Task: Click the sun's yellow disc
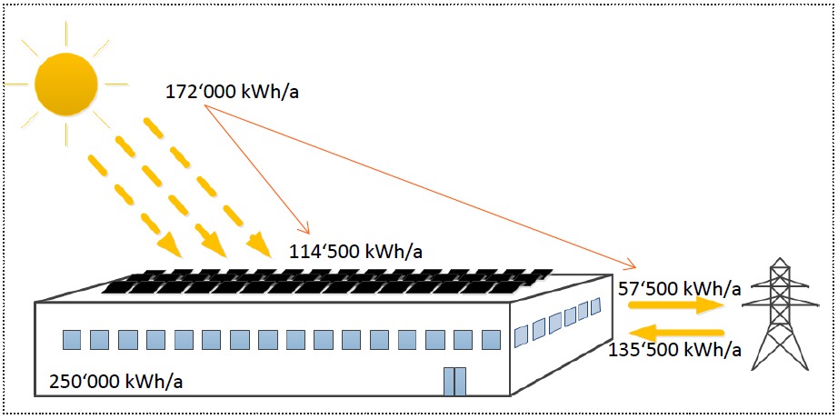65,84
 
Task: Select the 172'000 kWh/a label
232,93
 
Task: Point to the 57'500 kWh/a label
679,289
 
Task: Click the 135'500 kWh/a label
673,351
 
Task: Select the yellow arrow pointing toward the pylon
676,305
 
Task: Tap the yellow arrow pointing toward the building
676,332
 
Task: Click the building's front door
454,381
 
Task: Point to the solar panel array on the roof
327,282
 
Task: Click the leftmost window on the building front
72,339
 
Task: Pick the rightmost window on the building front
491,339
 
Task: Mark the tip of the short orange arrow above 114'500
309,234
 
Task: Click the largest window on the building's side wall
521,336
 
